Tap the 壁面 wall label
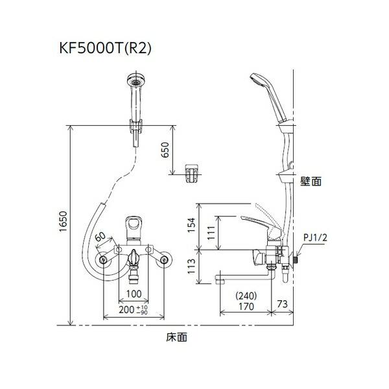[311, 183]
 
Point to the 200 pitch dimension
[130, 311]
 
